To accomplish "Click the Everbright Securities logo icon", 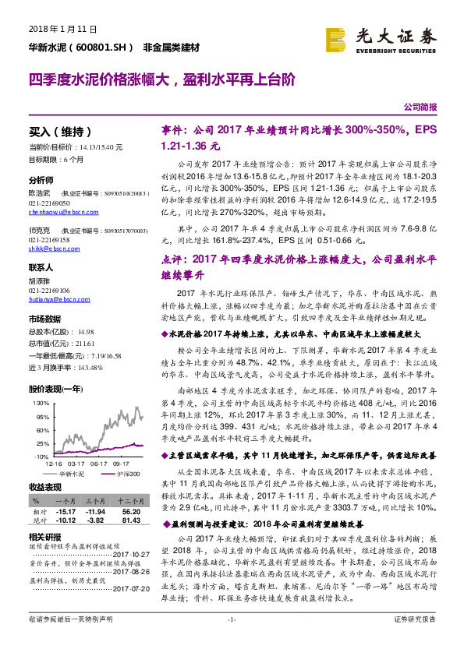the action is pos(336,39).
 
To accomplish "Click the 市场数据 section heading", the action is pos(45,320).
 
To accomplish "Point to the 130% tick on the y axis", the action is pos(40,403).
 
